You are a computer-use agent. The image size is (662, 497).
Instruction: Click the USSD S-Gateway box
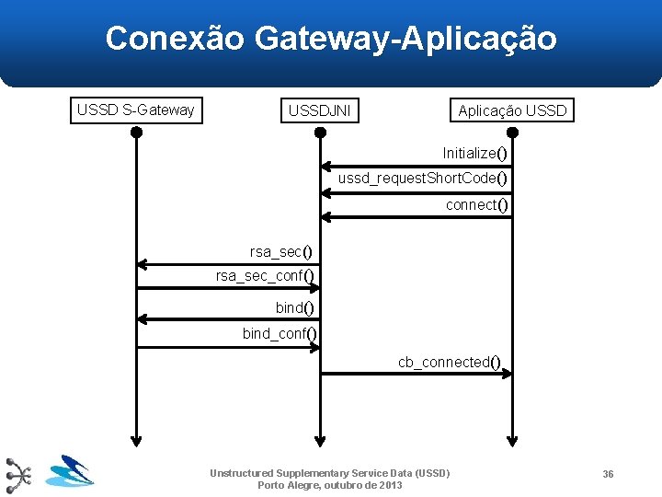tap(136, 110)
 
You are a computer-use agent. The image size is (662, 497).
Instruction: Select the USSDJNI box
tap(319, 111)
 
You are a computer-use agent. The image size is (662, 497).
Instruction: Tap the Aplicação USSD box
tap(512, 111)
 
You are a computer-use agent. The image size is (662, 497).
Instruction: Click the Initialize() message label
tap(474, 153)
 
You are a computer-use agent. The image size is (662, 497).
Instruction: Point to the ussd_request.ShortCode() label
tap(423, 178)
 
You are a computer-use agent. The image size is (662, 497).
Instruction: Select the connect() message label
tap(476, 204)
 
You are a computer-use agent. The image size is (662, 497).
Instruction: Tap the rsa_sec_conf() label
tap(265, 276)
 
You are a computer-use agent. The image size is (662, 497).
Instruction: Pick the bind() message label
tap(295, 307)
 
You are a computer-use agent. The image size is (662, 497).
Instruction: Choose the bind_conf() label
tap(280, 333)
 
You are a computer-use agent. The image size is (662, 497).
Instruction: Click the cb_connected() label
tap(450, 362)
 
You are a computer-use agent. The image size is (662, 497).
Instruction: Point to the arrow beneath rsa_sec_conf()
tap(228, 288)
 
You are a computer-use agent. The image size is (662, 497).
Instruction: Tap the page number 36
tap(608, 473)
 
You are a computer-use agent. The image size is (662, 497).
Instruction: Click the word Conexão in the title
tap(175, 39)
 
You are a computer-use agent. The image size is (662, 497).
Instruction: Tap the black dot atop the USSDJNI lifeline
tap(320, 132)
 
